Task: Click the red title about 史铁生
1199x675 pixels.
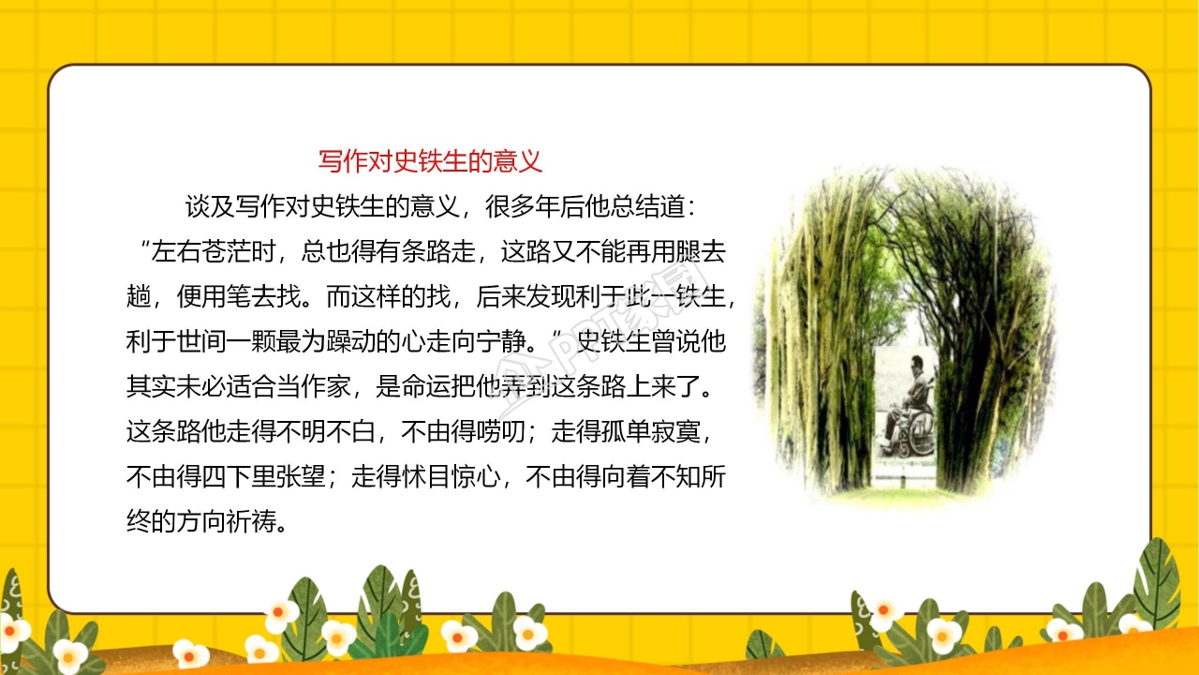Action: coord(430,161)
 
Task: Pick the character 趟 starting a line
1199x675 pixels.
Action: coord(139,296)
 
